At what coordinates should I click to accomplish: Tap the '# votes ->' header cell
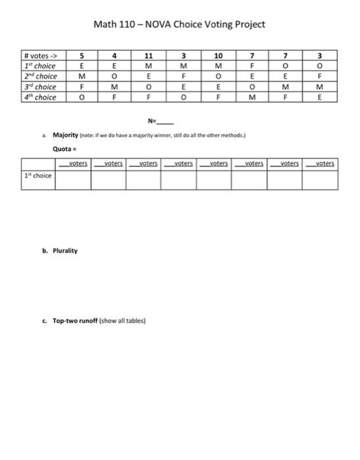[x=35, y=55]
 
